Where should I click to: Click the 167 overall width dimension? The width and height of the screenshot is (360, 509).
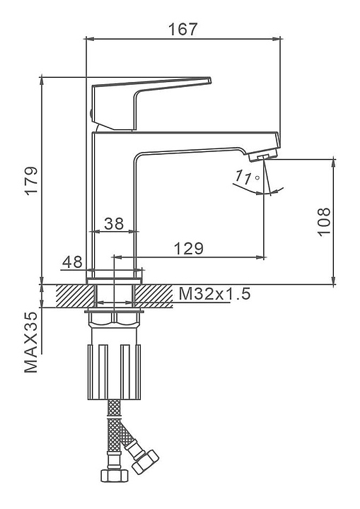pos(182,29)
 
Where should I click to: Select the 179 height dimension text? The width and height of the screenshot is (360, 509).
pos(32,180)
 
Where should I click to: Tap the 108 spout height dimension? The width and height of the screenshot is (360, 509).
pos(323,222)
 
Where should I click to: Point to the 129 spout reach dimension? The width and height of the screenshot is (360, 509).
pos(188,248)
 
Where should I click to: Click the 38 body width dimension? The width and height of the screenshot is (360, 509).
pos(114,223)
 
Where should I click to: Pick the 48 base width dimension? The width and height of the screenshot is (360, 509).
pos(72,262)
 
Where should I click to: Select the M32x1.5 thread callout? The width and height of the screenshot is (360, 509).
pos(215,294)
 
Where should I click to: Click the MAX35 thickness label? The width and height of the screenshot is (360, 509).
pos(31,342)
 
